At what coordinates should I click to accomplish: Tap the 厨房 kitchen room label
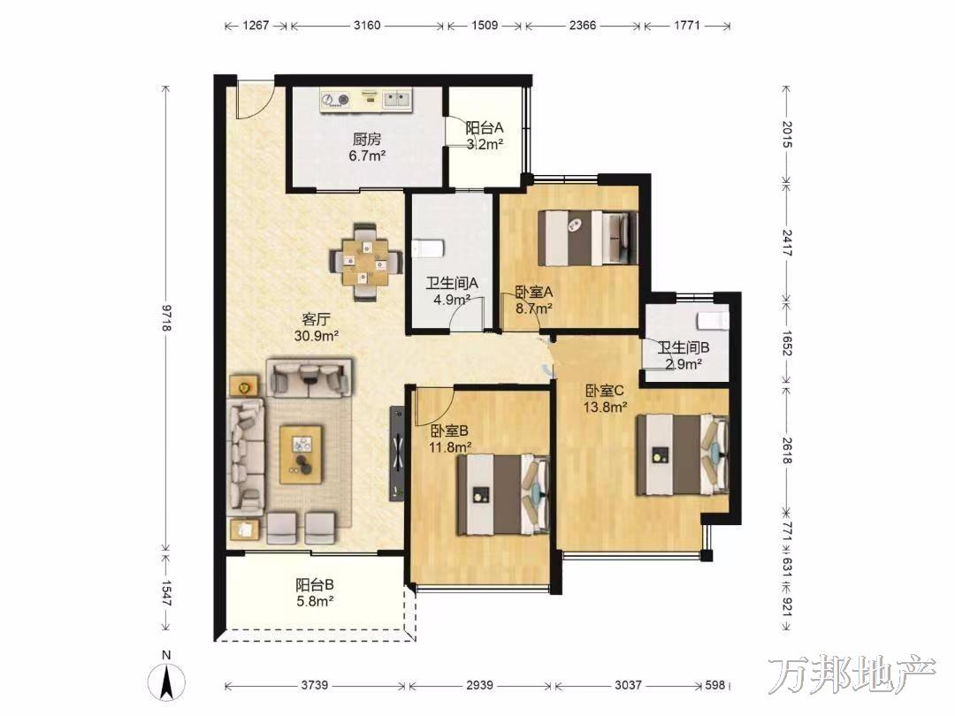pyautogui.click(x=367, y=139)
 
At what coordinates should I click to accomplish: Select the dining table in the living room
pyautogui.click(x=365, y=263)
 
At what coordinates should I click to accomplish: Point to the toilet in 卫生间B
pyautogui.click(x=714, y=320)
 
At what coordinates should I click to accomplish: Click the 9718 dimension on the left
pyautogui.click(x=165, y=317)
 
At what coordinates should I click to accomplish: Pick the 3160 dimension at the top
pyautogui.click(x=367, y=26)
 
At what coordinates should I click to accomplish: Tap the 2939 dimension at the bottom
pyautogui.click(x=479, y=685)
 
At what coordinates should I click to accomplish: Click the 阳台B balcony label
pyautogui.click(x=314, y=585)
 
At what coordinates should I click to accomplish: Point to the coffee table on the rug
pyautogui.click(x=301, y=454)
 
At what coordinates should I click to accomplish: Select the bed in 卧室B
pyautogui.click(x=503, y=495)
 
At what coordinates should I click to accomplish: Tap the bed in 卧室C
pyautogui.click(x=682, y=454)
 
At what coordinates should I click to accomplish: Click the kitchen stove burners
pyautogui.click(x=336, y=99)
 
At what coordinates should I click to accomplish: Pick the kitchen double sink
pyautogui.click(x=398, y=99)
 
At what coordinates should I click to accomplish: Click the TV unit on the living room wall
pyautogui.click(x=397, y=453)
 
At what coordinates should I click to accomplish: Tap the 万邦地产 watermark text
pyautogui.click(x=852, y=674)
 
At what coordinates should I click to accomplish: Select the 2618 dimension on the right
pyautogui.click(x=786, y=450)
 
